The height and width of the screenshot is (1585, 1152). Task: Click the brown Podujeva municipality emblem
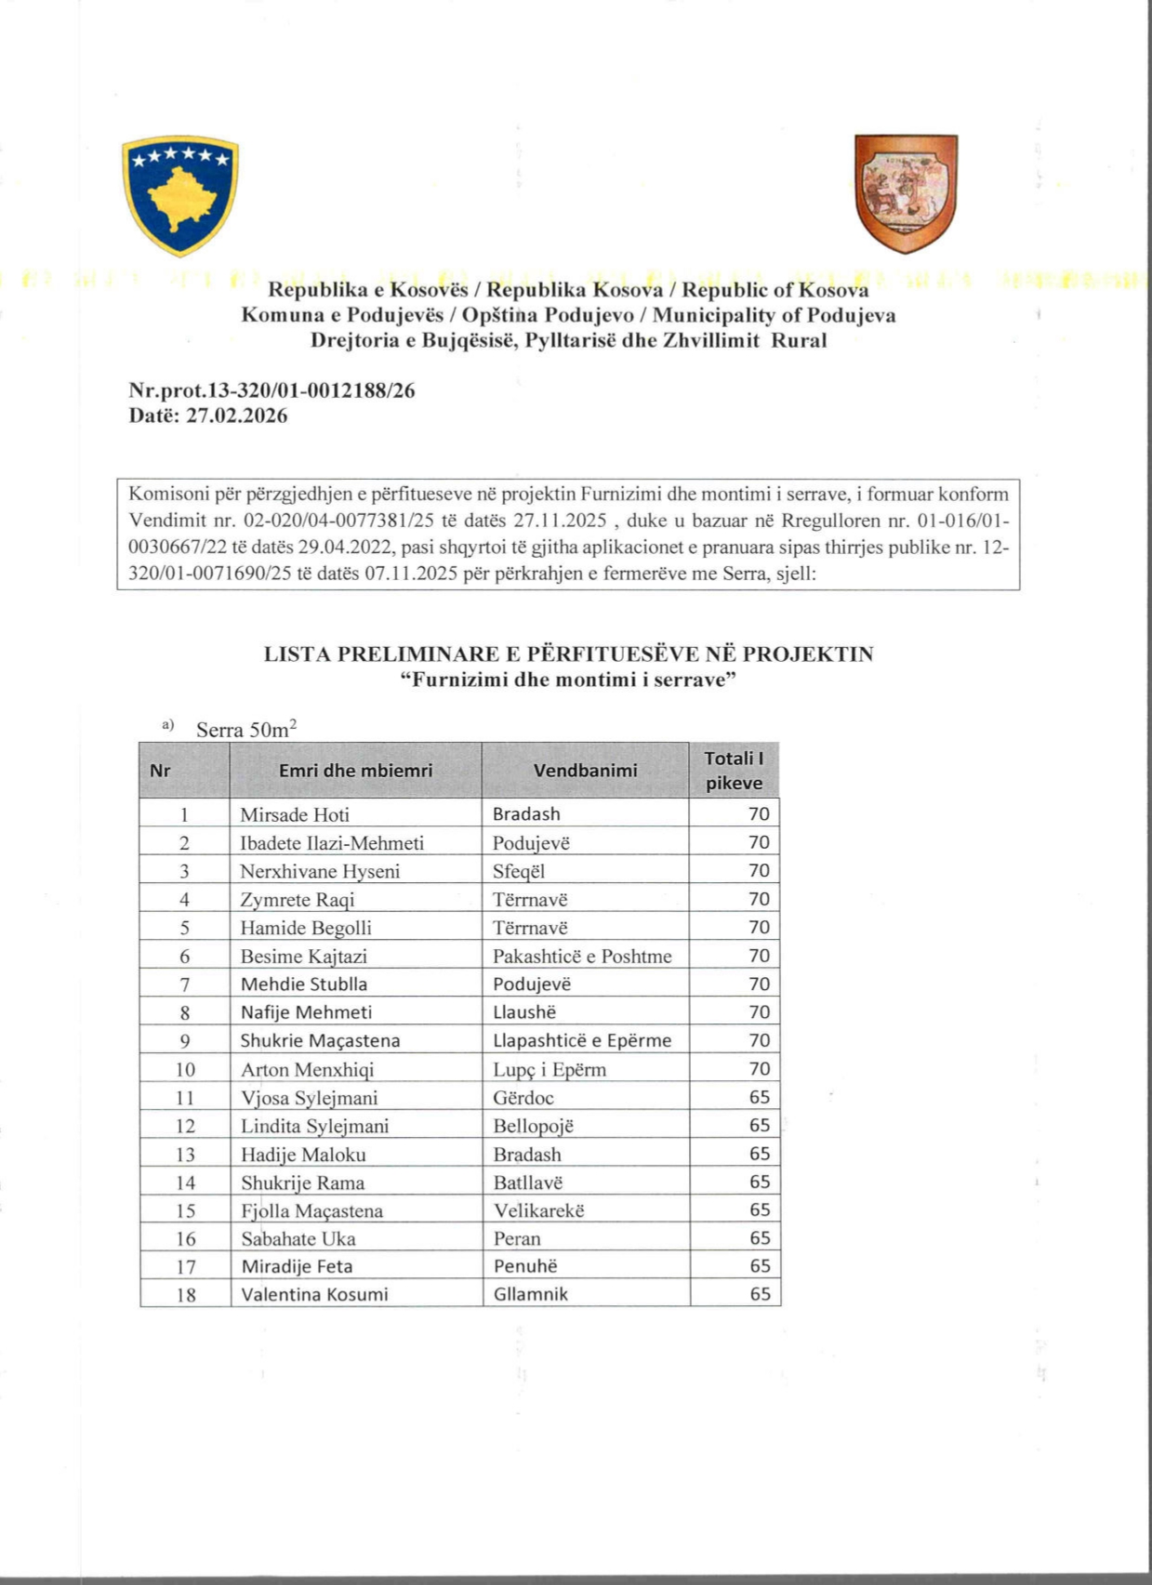(906, 193)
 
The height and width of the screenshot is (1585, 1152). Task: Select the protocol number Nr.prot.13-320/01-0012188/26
(271, 391)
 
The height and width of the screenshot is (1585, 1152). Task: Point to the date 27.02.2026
(237, 416)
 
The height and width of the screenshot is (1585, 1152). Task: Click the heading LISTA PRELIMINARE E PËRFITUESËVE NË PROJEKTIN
(568, 654)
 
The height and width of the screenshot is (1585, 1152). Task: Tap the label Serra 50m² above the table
(246, 729)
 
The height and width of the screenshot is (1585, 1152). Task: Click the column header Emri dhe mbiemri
(355, 770)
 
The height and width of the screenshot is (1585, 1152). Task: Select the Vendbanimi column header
(585, 770)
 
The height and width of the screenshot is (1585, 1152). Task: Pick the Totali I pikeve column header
(734, 770)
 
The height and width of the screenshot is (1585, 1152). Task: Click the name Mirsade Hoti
(295, 814)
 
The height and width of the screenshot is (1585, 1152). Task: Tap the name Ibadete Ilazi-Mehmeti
(332, 843)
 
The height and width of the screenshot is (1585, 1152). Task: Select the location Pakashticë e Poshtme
(582, 956)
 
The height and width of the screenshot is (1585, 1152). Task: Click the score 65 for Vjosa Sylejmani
(760, 1097)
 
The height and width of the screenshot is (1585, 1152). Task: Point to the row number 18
(186, 1294)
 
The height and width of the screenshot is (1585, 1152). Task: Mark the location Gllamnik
(530, 1294)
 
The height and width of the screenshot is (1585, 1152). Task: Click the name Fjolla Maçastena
(311, 1210)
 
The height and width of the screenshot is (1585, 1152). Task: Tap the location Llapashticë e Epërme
(582, 1040)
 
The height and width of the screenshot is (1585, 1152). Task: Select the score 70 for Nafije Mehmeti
(760, 1012)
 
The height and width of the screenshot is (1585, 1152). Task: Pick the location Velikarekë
(538, 1210)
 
